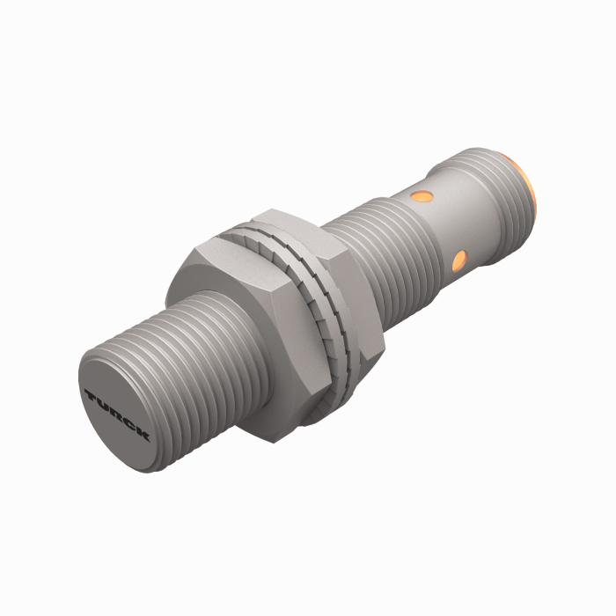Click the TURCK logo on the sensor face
coord(117,412)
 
